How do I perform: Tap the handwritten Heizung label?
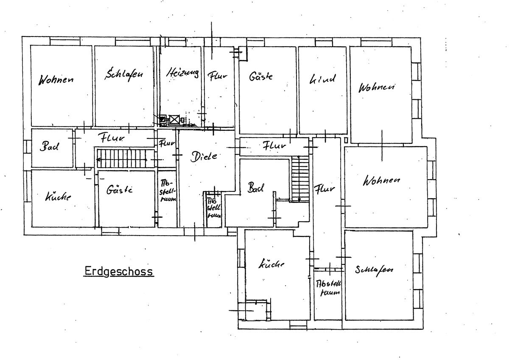[182, 73]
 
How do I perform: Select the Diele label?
[204, 156]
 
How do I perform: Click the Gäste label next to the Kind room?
[260, 77]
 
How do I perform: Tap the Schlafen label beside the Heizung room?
[124, 74]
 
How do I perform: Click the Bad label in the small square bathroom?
[50, 146]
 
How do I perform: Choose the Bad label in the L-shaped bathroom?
[256, 187]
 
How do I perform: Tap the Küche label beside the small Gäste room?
[58, 197]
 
